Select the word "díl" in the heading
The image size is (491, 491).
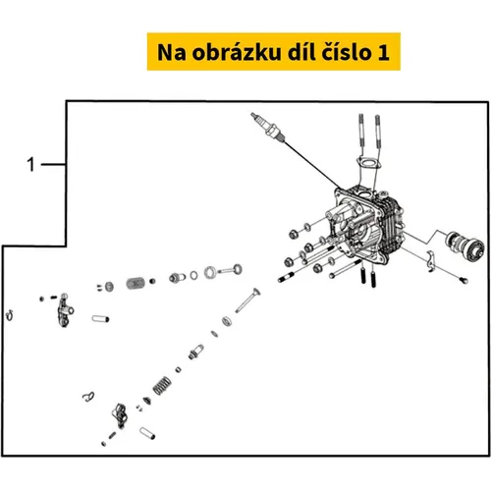(300, 52)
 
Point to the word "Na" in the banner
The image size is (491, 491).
(172, 52)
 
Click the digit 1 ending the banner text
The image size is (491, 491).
(384, 52)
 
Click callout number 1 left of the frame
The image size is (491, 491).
(30, 164)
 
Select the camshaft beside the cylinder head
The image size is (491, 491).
(464, 245)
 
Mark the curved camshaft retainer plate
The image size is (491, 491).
(431, 261)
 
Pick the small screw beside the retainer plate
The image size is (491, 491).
(464, 280)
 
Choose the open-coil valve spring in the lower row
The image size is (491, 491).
(162, 385)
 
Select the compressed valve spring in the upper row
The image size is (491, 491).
(136, 283)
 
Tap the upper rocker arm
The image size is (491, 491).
(66, 309)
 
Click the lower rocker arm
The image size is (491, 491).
(120, 415)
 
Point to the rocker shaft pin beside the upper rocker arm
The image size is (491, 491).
(100, 318)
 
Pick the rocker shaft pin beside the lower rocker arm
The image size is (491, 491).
(147, 433)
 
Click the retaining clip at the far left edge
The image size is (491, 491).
(10, 315)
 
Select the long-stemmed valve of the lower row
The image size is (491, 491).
(247, 300)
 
